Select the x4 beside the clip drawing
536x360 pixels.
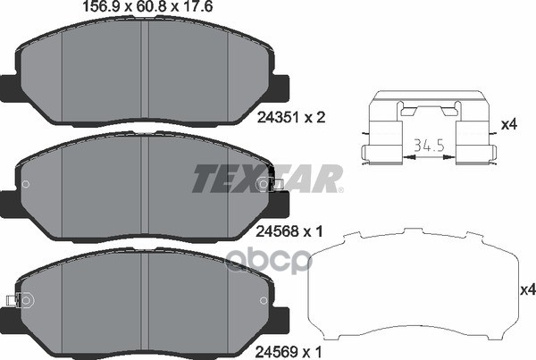click(509, 126)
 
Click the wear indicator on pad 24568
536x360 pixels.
click(272, 185)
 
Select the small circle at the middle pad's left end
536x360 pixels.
click(26, 186)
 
